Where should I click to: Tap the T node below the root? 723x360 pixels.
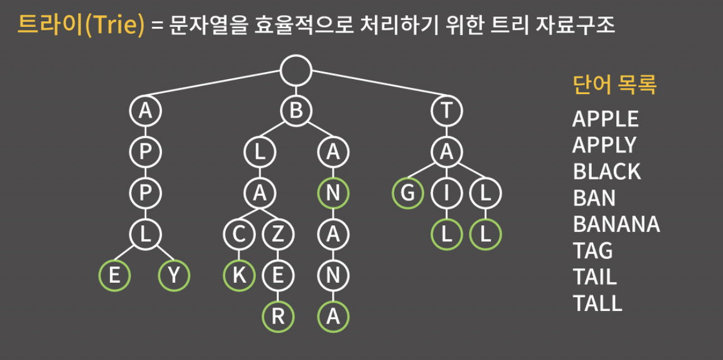pos(446,111)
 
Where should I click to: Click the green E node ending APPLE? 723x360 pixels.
pos(115,276)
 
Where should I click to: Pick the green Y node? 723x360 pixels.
pos(174,276)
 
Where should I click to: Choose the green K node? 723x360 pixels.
pos(239,276)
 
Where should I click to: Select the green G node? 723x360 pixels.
pos(408,194)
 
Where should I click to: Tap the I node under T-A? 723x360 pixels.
pos(446,194)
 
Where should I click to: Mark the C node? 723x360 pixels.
pos(239,235)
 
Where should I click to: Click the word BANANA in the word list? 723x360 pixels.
pos(616,224)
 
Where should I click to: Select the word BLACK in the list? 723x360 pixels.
pos(606,171)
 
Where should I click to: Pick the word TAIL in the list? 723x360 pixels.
pos(594,277)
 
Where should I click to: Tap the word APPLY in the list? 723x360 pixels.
pos(604,145)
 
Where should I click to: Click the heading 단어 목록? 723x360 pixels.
pos(614,85)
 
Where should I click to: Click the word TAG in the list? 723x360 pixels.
pos(592,250)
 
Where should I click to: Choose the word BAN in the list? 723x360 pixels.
pos(594,198)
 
